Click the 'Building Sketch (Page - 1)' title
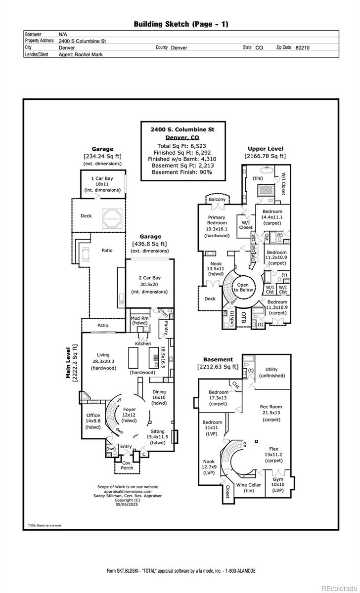[181, 24]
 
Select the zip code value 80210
[303, 48]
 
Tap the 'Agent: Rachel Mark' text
[81, 55]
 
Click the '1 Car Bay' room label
[102, 178]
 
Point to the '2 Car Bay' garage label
[149, 278]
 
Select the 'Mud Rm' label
[139, 318]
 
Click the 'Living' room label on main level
[103, 355]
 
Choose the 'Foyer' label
[130, 409]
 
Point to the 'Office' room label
[93, 415]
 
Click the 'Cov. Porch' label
[127, 465]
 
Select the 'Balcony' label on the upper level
[217, 200]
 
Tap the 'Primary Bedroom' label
[217, 220]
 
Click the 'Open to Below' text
[243, 288]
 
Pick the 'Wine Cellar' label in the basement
[248, 485]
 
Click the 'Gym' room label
[278, 479]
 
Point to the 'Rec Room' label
[270, 407]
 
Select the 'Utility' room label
[271, 369]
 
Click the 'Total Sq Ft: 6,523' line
[182, 146]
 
